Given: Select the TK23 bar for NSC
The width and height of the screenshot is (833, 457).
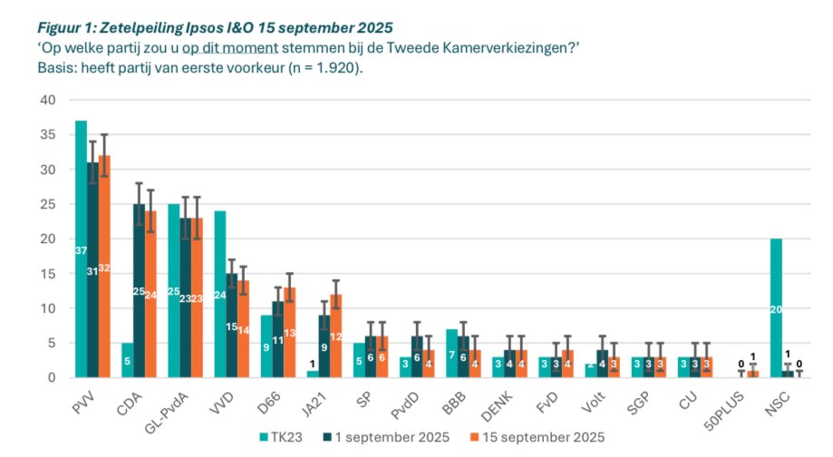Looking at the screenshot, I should pyautogui.click(x=775, y=307).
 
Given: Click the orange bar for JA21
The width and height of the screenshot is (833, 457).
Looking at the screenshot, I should pyautogui.click(x=335, y=335).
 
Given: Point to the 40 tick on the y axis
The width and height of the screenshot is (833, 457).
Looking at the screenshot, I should pyautogui.click(x=48, y=101).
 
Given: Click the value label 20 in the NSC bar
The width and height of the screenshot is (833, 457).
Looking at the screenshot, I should pyautogui.click(x=775, y=308).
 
